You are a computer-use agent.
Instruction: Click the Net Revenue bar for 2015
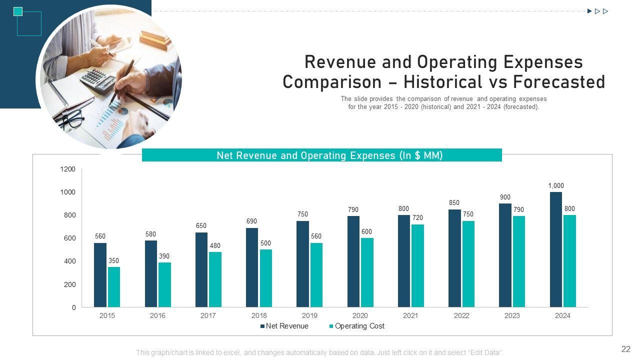coord(100,275)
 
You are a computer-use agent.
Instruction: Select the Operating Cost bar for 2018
coord(266,278)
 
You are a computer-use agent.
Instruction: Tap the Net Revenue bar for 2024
coord(555,249)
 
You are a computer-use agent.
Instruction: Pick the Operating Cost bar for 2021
coord(417,265)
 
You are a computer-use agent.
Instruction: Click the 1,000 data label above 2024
coord(555,186)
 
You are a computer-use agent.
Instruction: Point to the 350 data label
coord(114,261)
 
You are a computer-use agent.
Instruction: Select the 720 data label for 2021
coord(417,218)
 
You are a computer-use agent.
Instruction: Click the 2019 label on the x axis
coord(309,315)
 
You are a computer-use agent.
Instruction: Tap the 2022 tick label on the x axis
coord(461,315)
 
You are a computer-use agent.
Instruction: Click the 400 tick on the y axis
coord(70,261)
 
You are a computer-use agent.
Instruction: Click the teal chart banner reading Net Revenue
coord(322,155)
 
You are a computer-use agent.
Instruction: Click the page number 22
coord(625,349)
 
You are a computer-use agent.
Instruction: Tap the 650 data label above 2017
coord(201,226)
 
